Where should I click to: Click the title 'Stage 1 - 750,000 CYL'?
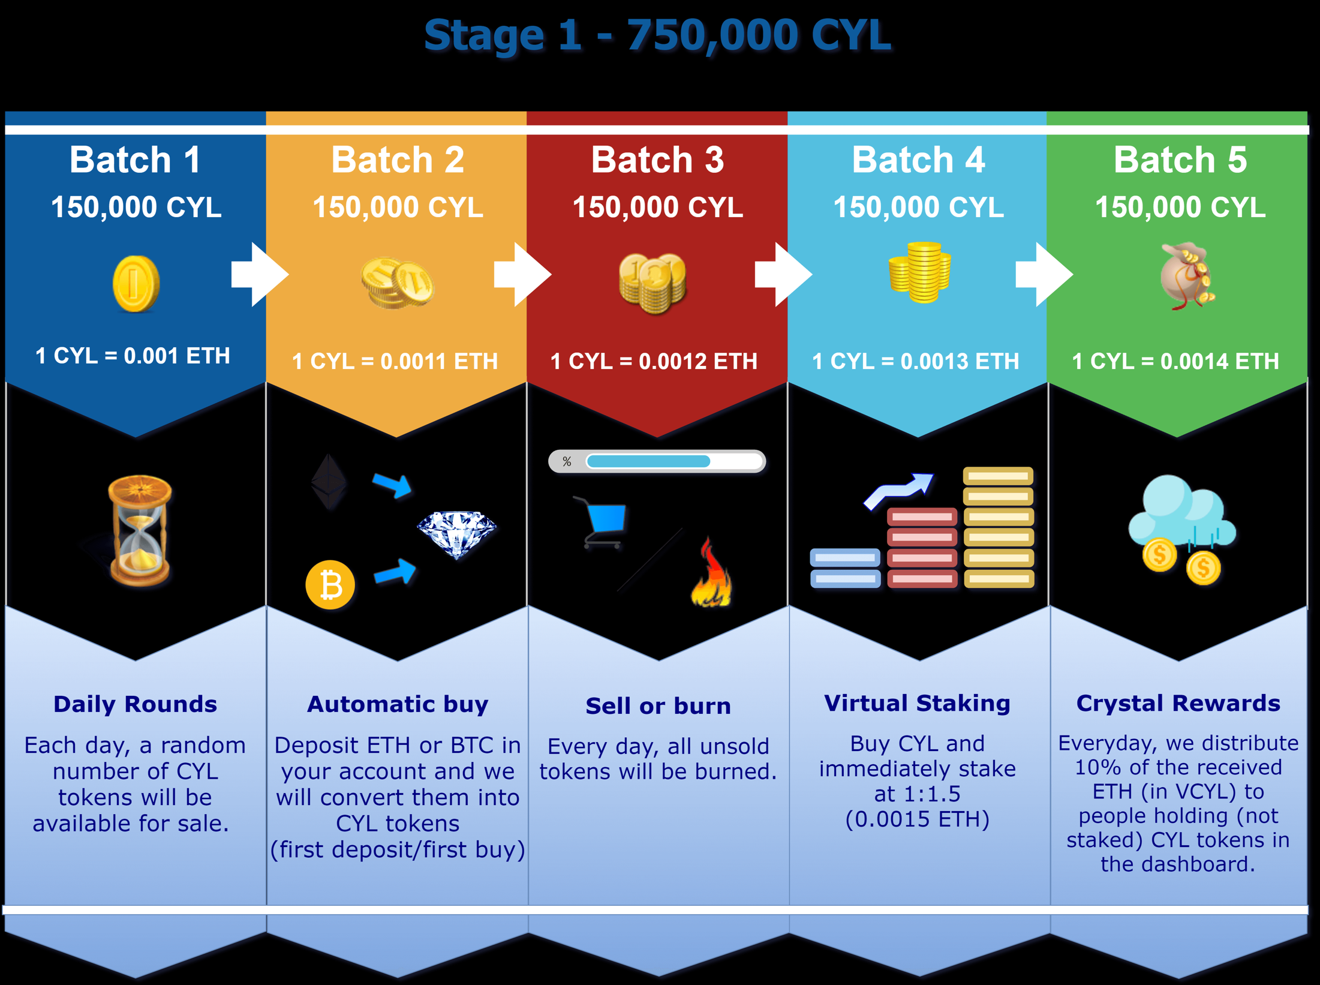[x=657, y=35]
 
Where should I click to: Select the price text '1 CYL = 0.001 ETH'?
[x=133, y=356]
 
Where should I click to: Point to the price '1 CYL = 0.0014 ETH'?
[x=1175, y=361]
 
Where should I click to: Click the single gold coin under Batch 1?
[x=136, y=284]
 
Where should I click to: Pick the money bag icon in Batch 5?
[x=1187, y=276]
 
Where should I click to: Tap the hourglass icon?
[x=140, y=530]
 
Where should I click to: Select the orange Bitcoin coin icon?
[x=330, y=585]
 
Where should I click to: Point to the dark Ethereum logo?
[x=329, y=482]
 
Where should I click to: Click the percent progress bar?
[x=657, y=461]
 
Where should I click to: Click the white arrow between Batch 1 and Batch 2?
[x=260, y=275]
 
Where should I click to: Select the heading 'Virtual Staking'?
[x=917, y=703]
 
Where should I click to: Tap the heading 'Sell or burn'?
[x=658, y=706]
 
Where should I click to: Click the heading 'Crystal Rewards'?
[x=1178, y=703]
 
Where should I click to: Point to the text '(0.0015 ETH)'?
[x=917, y=819]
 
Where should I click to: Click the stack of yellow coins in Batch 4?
[x=919, y=272]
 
